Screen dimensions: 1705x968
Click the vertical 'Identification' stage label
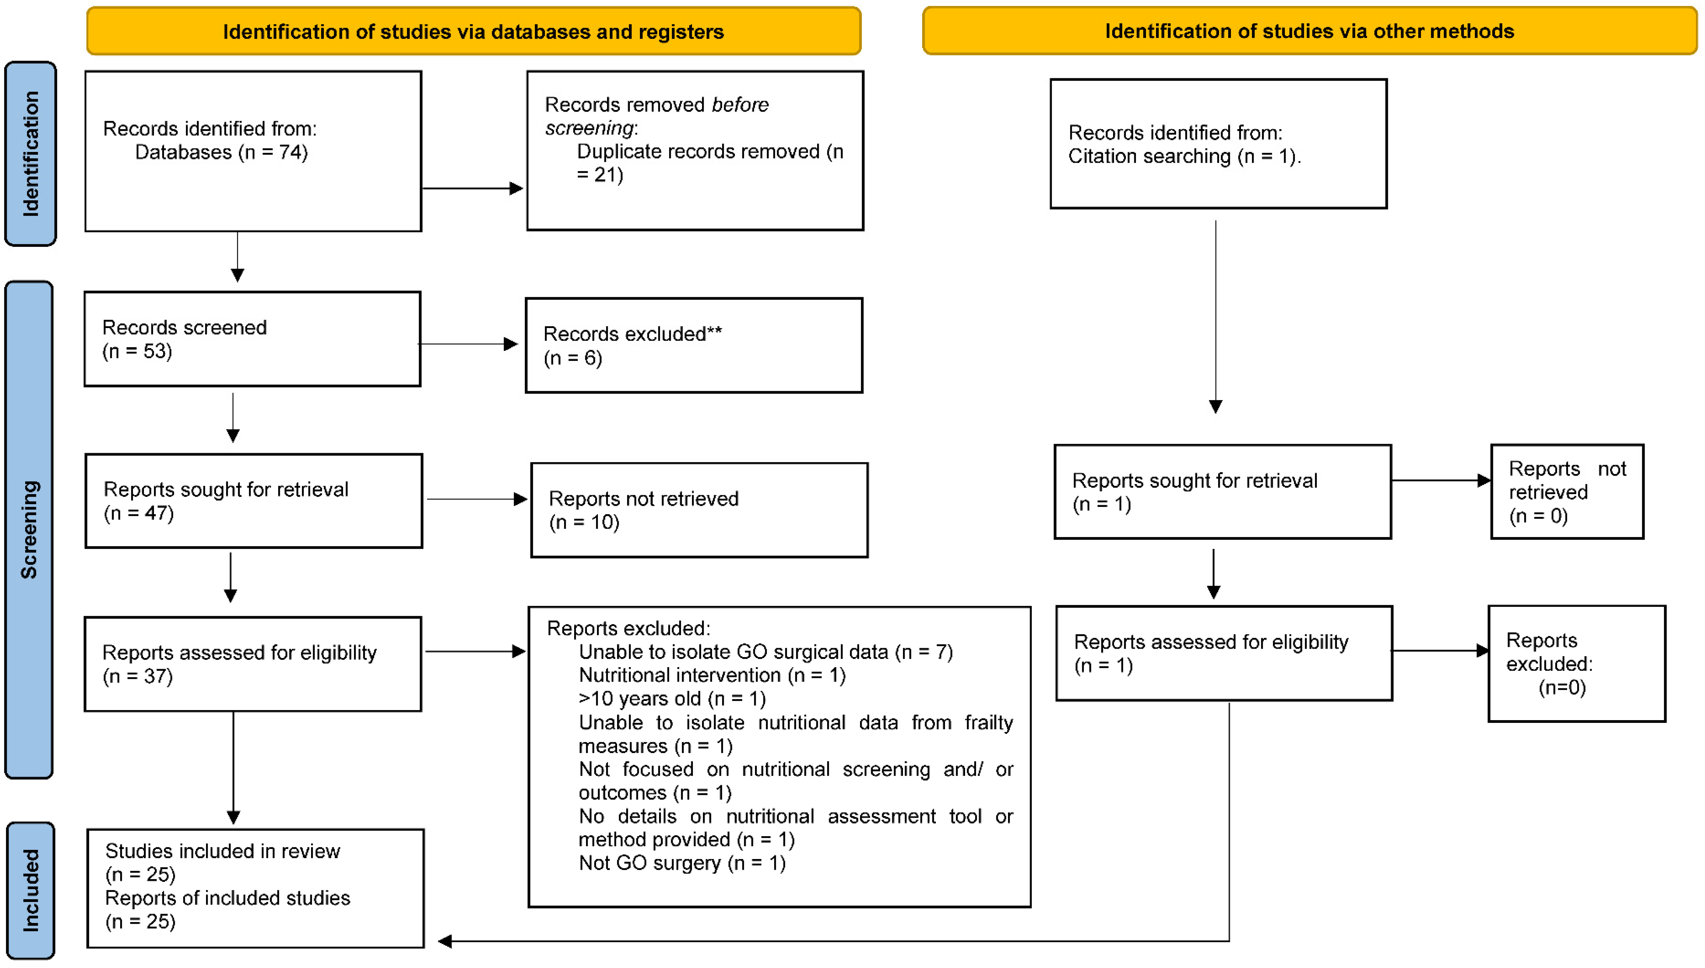31,154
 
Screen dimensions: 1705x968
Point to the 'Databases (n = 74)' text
221,152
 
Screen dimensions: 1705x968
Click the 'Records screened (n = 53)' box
253,339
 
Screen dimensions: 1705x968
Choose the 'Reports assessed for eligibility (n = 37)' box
253,664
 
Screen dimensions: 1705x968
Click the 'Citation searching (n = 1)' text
1184,156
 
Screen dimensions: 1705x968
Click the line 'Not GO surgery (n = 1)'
682,863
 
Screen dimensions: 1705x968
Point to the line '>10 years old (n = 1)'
672,699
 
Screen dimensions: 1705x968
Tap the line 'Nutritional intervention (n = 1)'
712,676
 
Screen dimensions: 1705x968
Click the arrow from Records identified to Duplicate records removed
472,188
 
